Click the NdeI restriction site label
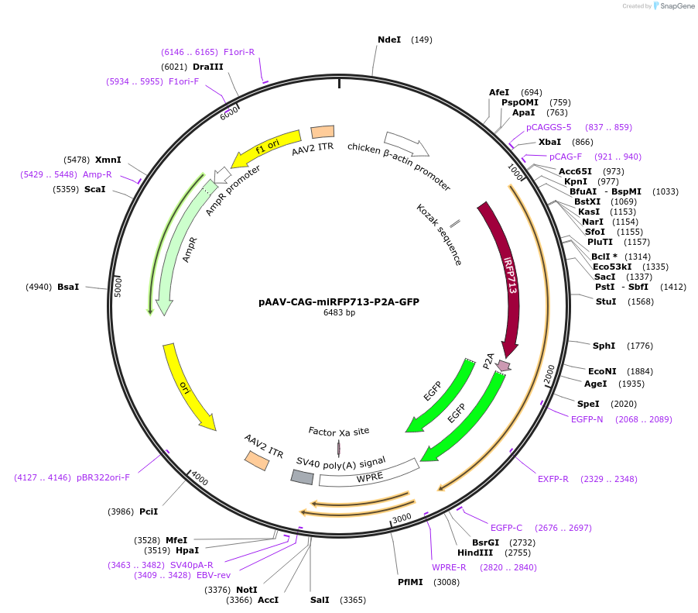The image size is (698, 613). [x=389, y=40]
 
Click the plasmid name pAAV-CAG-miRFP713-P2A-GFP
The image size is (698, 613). [x=339, y=302]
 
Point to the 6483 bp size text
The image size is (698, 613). [x=339, y=313]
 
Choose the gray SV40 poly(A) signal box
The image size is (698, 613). [x=302, y=477]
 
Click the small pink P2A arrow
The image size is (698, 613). [x=504, y=365]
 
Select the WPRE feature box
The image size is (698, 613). [x=368, y=473]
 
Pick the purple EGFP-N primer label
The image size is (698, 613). [x=587, y=419]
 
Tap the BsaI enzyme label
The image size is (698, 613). [x=68, y=287]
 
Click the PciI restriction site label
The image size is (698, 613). [x=149, y=511]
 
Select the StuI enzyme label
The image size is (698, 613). [x=605, y=301]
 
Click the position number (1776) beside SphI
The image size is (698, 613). [x=640, y=346]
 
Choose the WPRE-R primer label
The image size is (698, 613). [x=449, y=567]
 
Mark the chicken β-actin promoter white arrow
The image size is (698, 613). [x=406, y=143]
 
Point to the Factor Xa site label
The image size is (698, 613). [x=339, y=431]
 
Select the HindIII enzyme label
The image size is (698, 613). [x=474, y=553]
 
